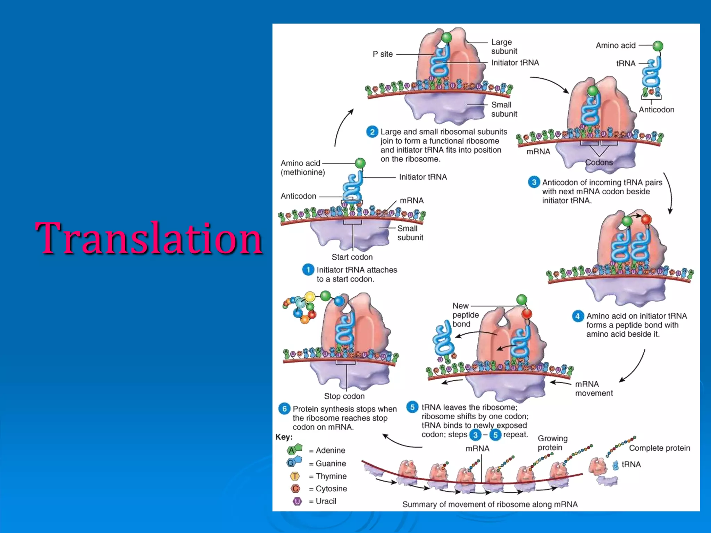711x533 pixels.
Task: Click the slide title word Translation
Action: pos(149,238)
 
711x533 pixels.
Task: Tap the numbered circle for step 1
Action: pos(308,270)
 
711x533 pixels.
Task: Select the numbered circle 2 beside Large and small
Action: pos(372,132)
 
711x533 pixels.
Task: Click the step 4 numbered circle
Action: pos(577,316)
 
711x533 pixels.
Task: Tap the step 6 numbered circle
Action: pos(284,409)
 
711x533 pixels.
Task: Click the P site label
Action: pos(383,54)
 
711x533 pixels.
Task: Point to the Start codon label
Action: pos(352,257)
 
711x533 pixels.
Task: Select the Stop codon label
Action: pos(344,396)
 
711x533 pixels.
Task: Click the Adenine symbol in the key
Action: pos(294,450)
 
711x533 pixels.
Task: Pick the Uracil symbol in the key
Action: pos(297,501)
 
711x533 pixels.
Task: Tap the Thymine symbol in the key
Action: pos(295,476)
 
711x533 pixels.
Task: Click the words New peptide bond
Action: pos(465,315)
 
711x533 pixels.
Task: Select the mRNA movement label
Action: pos(593,389)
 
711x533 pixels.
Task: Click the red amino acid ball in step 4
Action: pos(646,220)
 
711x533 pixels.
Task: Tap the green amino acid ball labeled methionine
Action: pos(360,163)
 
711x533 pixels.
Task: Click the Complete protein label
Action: pos(659,448)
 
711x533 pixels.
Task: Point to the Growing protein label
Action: pos(552,443)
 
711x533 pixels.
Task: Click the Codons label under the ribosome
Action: pos(599,162)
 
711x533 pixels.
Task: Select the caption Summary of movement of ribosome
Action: pos(490,504)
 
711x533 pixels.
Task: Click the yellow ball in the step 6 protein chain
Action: pos(310,297)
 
